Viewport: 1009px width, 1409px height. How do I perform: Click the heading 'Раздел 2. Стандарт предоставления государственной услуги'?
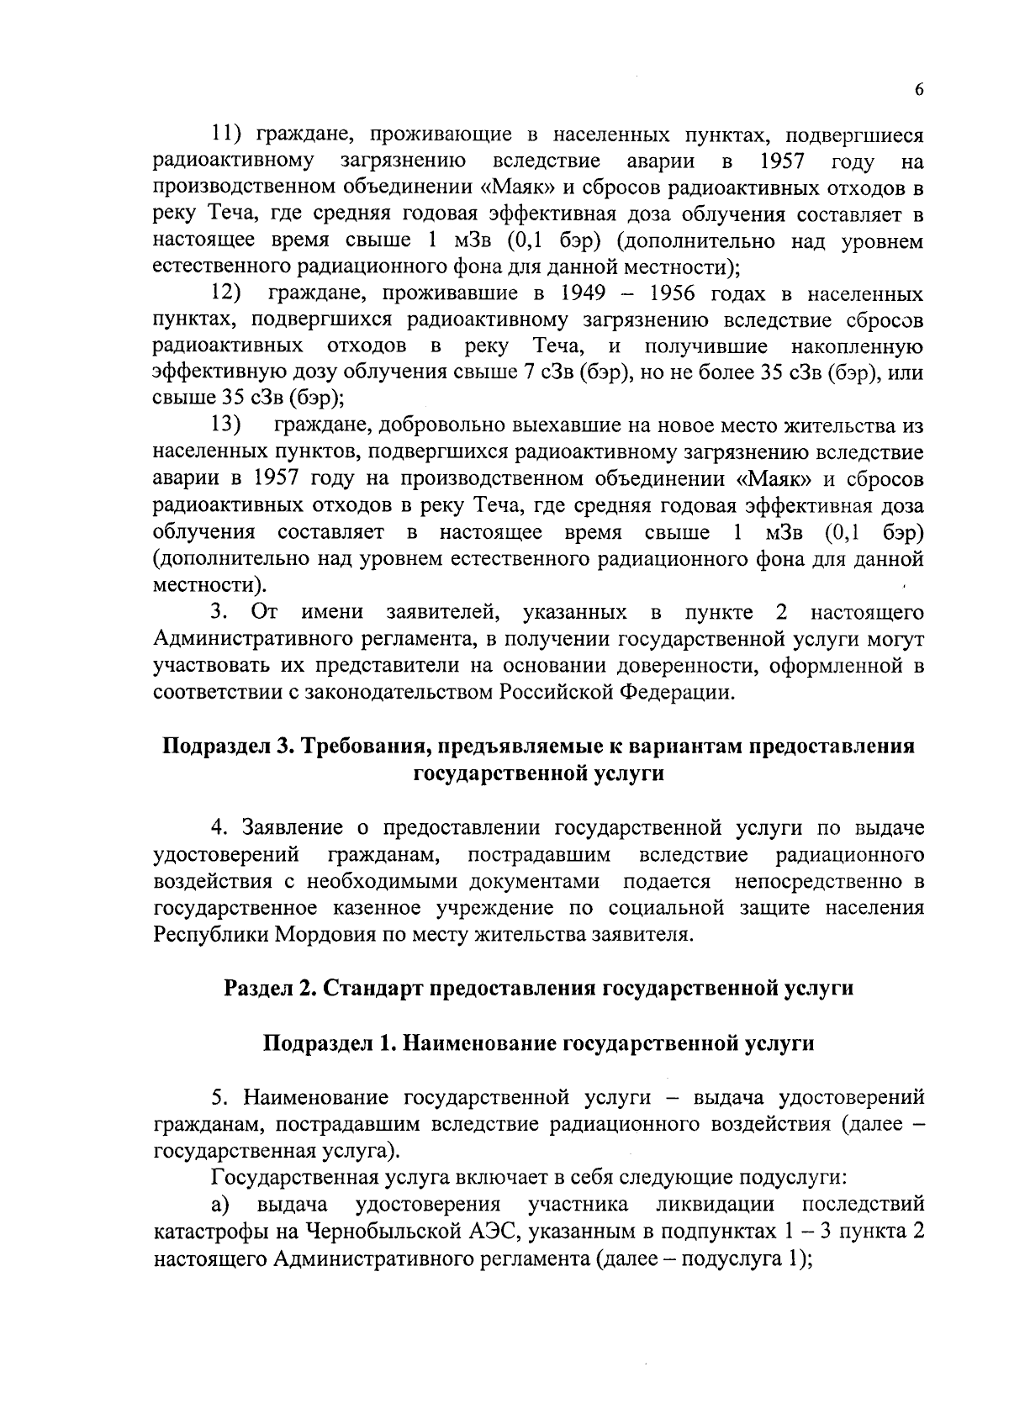pos(538,988)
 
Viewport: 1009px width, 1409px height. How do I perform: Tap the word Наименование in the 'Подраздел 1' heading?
pos(479,1043)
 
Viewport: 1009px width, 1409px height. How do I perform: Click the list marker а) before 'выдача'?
pos(222,1205)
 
